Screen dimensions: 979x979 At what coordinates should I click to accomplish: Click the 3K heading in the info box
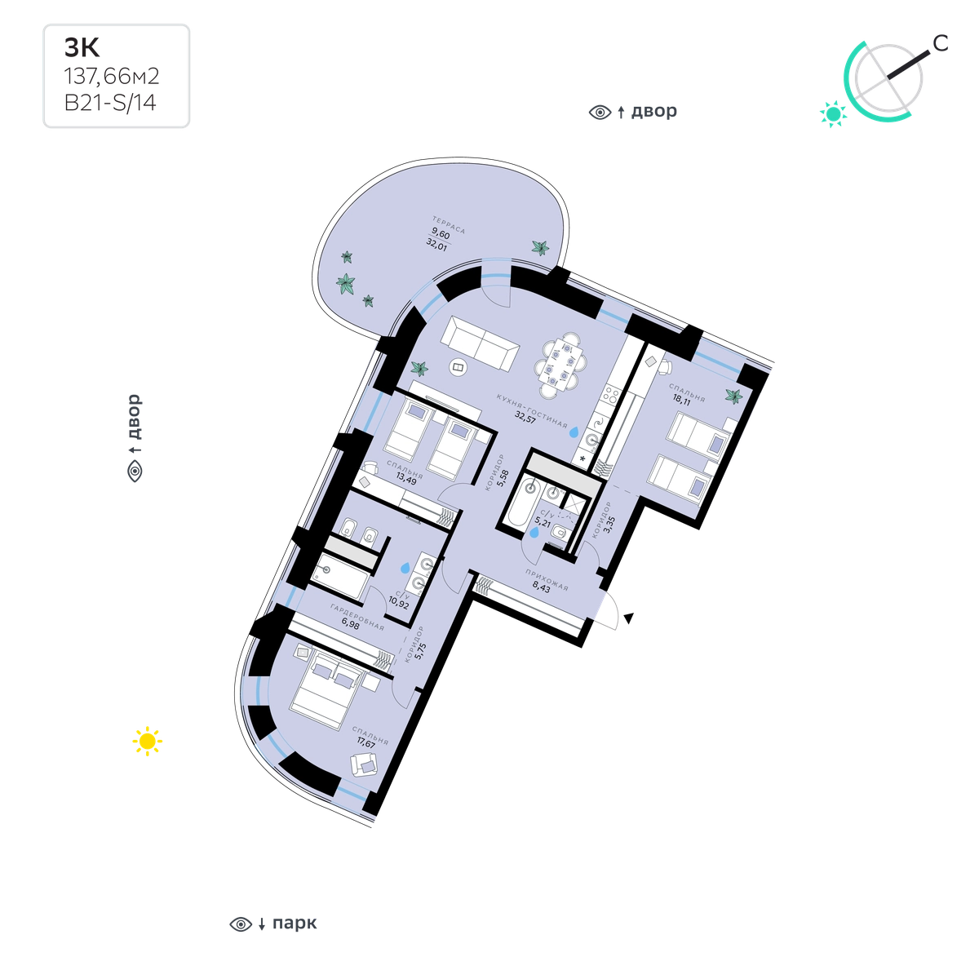(x=82, y=47)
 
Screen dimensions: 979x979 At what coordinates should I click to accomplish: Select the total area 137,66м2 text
(x=112, y=76)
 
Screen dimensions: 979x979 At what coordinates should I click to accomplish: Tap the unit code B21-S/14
(x=110, y=103)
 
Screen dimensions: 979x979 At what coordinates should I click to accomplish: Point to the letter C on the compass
(x=941, y=44)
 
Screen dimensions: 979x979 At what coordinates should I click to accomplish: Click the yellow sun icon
(x=147, y=742)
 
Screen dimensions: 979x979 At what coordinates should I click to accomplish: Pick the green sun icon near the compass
(x=833, y=113)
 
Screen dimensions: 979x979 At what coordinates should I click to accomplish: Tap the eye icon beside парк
(x=241, y=924)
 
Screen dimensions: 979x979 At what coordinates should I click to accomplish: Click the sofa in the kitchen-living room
(x=480, y=343)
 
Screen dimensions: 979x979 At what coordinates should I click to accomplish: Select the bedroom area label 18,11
(x=682, y=400)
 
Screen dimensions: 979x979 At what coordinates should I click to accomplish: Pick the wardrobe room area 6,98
(x=351, y=624)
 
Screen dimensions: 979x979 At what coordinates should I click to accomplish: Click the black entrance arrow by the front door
(x=629, y=618)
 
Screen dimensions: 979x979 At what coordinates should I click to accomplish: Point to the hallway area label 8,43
(x=541, y=587)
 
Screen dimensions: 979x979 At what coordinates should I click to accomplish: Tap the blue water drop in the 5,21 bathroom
(x=534, y=532)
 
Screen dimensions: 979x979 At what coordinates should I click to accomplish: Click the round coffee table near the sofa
(x=458, y=367)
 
